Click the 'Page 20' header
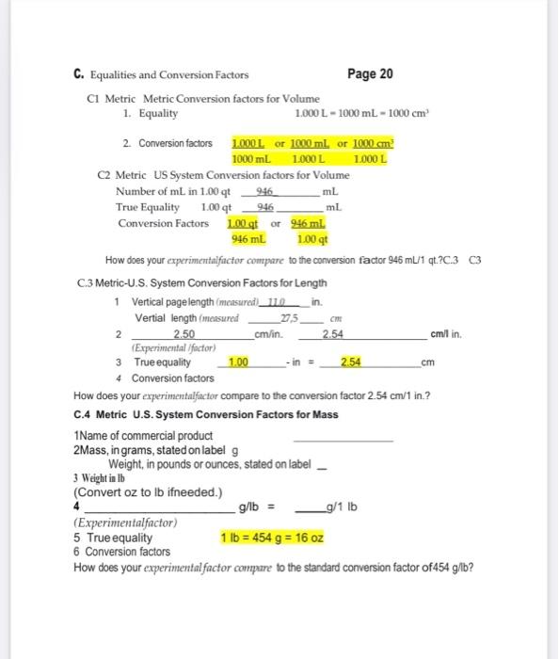(x=370, y=74)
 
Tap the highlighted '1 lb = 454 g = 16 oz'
(x=272, y=538)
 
